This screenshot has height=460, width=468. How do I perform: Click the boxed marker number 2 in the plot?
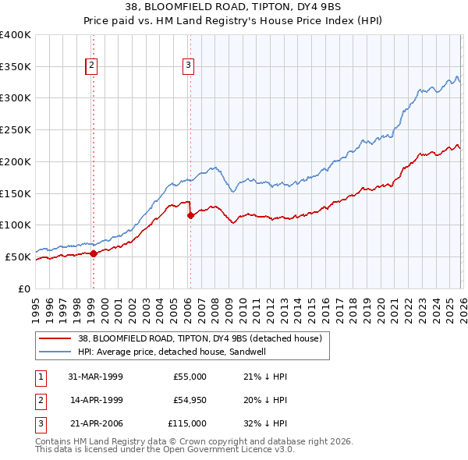[x=92, y=66]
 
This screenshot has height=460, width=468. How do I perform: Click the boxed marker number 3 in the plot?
[x=189, y=66]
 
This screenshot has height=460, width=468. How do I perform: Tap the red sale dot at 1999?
[x=94, y=253]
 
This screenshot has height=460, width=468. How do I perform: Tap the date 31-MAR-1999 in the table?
[x=95, y=377]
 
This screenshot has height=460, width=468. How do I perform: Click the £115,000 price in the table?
[x=186, y=423]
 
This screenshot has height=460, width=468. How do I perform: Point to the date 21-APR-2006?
[x=96, y=423]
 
